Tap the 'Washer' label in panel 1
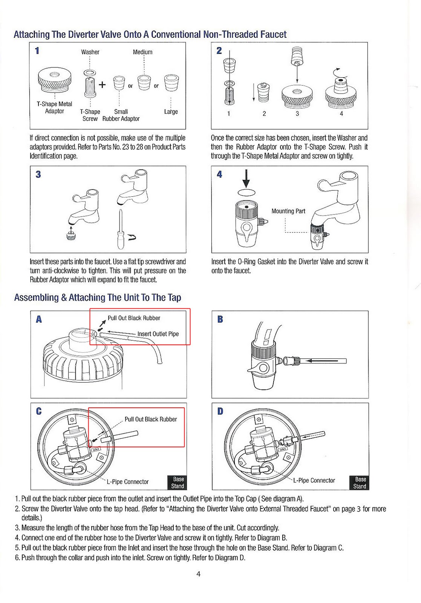click(90, 52)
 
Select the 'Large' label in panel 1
click(171, 112)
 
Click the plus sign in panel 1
click(102, 85)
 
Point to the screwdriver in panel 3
click(121, 230)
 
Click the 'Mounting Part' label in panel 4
click(288, 211)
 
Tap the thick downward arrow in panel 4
click(246, 178)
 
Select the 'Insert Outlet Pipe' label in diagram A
click(158, 334)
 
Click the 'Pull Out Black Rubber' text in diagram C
click(151, 419)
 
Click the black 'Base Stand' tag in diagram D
click(360, 483)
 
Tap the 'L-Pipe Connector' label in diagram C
click(128, 482)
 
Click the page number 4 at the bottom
click(199, 574)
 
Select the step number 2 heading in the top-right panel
click(219, 51)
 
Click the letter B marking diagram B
click(220, 319)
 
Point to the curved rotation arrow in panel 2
click(337, 70)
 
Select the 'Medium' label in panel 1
click(142, 52)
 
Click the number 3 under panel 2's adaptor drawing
click(297, 113)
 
